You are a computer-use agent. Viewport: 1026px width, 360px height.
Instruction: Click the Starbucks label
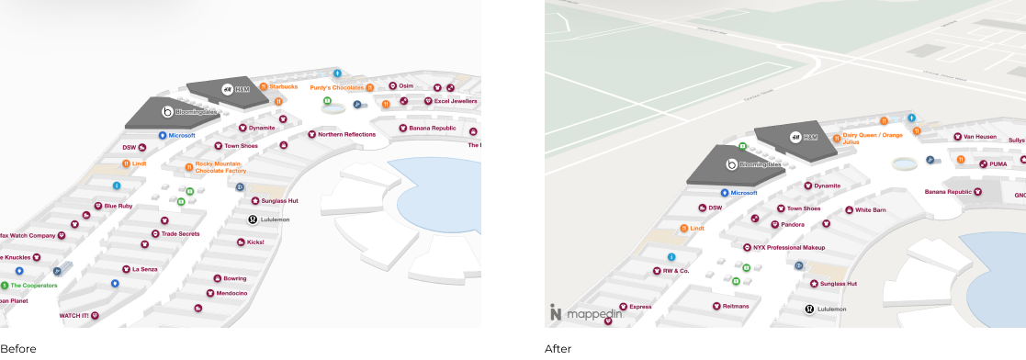point(283,86)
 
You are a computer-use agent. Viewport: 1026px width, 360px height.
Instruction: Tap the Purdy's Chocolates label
point(336,87)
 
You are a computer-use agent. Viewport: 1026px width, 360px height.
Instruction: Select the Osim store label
point(406,85)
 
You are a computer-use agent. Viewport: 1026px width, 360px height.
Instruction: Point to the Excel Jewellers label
point(456,100)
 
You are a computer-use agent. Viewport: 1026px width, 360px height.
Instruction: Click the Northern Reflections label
point(346,134)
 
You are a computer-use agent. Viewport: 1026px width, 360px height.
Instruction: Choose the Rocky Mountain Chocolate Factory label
point(220,167)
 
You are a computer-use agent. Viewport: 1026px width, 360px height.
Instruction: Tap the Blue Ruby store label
point(118,206)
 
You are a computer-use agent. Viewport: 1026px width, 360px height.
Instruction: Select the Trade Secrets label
point(181,233)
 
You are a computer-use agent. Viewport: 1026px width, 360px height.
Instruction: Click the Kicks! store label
point(255,242)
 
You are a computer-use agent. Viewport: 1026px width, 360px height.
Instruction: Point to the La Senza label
point(145,269)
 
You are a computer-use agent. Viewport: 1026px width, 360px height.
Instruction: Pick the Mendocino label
point(231,293)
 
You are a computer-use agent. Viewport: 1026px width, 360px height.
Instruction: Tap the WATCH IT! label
point(74,316)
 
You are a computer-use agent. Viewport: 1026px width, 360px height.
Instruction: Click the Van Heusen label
point(980,136)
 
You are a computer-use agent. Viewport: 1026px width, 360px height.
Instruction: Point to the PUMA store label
point(998,163)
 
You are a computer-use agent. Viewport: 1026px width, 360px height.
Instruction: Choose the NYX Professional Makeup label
point(788,247)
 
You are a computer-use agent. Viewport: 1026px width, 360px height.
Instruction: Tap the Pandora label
point(792,224)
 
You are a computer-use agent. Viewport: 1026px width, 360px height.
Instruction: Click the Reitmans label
point(736,306)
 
